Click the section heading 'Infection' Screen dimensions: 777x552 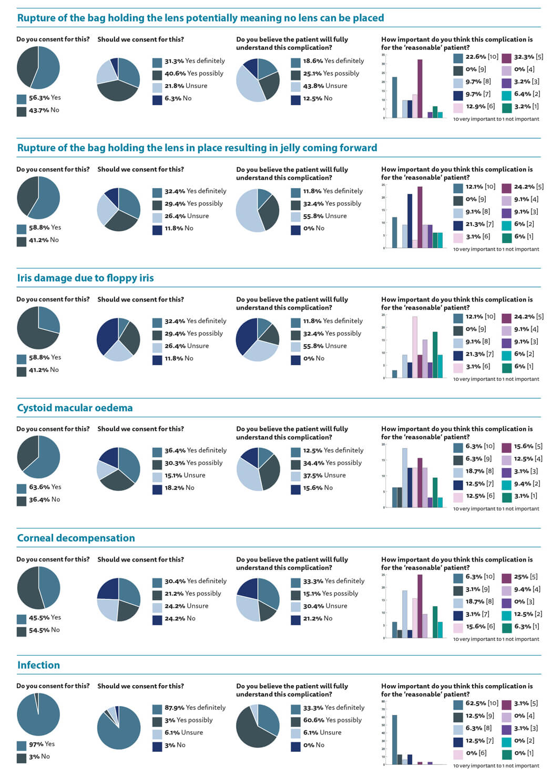[38, 665]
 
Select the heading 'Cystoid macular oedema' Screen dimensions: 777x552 [75, 408]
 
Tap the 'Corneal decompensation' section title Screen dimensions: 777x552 [76, 538]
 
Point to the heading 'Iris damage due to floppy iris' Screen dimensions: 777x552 [85, 278]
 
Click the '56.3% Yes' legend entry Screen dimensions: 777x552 [44, 98]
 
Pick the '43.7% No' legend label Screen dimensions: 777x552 [44, 110]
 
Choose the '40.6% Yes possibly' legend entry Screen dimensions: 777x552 [193, 74]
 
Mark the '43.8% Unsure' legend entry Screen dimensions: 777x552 [324, 86]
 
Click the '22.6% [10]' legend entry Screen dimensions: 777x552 [482, 57]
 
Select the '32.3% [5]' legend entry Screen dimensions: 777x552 [528, 57]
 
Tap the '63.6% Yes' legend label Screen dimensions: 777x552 [45, 487]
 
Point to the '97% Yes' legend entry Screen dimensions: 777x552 [42, 744]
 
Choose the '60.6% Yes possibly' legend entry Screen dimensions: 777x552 [332, 720]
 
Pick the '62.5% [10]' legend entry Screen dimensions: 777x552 [482, 703]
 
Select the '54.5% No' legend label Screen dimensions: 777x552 [44, 630]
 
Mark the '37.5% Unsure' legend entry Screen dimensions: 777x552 [324, 475]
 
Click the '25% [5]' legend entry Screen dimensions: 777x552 [525, 576]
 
